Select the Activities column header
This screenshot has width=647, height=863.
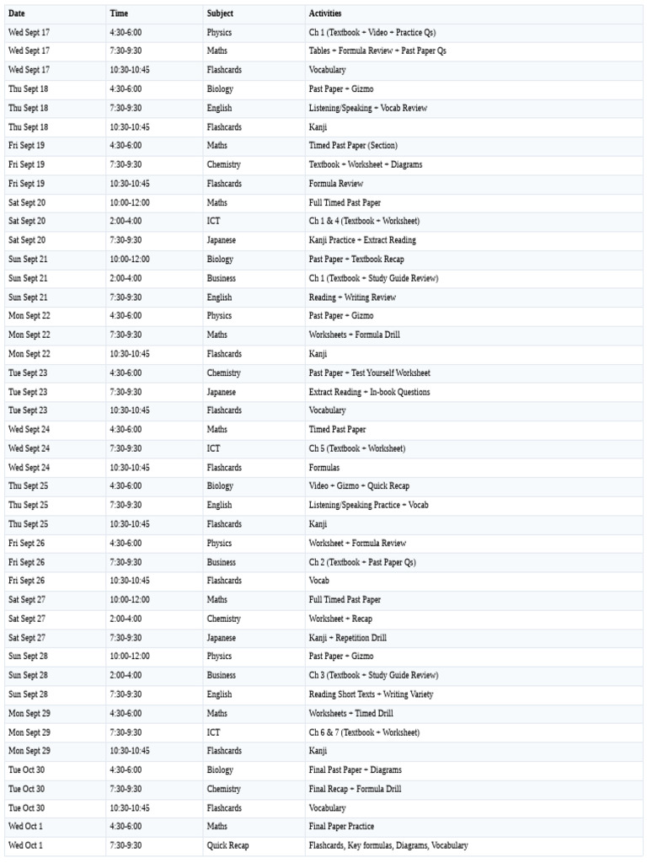tap(325, 13)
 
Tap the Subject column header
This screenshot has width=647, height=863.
tap(220, 13)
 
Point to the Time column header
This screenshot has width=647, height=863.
tap(119, 13)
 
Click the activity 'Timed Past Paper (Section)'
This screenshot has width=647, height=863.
tap(353, 146)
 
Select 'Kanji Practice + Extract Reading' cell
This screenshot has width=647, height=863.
tap(362, 240)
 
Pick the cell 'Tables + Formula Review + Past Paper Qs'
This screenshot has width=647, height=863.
tap(377, 51)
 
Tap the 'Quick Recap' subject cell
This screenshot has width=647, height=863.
tap(227, 845)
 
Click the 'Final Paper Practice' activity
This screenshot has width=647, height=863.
tap(341, 826)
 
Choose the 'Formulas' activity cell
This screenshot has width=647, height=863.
tap(325, 467)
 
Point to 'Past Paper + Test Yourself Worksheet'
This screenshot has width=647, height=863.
tap(369, 373)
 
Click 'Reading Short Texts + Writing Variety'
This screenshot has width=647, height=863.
tap(372, 694)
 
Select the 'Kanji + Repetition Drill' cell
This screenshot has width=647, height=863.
tap(348, 638)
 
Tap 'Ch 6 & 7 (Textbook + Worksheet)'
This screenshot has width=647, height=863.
tap(364, 732)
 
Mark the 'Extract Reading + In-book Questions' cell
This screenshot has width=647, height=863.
tap(369, 392)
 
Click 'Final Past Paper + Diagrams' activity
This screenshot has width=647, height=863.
tap(355, 769)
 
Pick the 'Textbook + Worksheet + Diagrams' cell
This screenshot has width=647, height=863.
tap(366, 164)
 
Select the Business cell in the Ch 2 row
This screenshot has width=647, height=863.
tap(222, 562)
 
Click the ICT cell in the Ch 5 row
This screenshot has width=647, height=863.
tap(214, 448)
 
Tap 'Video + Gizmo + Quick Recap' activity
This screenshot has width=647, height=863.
tap(359, 485)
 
